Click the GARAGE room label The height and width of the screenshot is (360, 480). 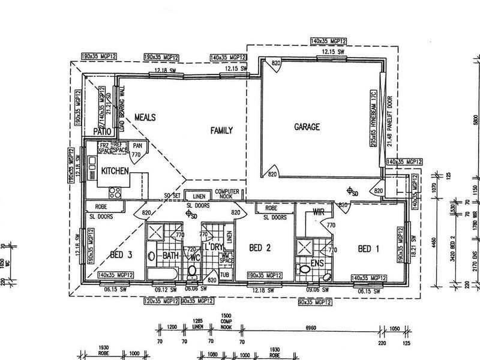306,127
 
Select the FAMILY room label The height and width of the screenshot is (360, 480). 221,130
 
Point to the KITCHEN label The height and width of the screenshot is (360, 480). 115,171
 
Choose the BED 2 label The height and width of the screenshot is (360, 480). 260,248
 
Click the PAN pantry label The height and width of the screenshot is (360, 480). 137,146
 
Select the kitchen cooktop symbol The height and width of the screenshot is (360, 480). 115,193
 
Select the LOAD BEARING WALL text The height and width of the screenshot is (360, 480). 122,109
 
